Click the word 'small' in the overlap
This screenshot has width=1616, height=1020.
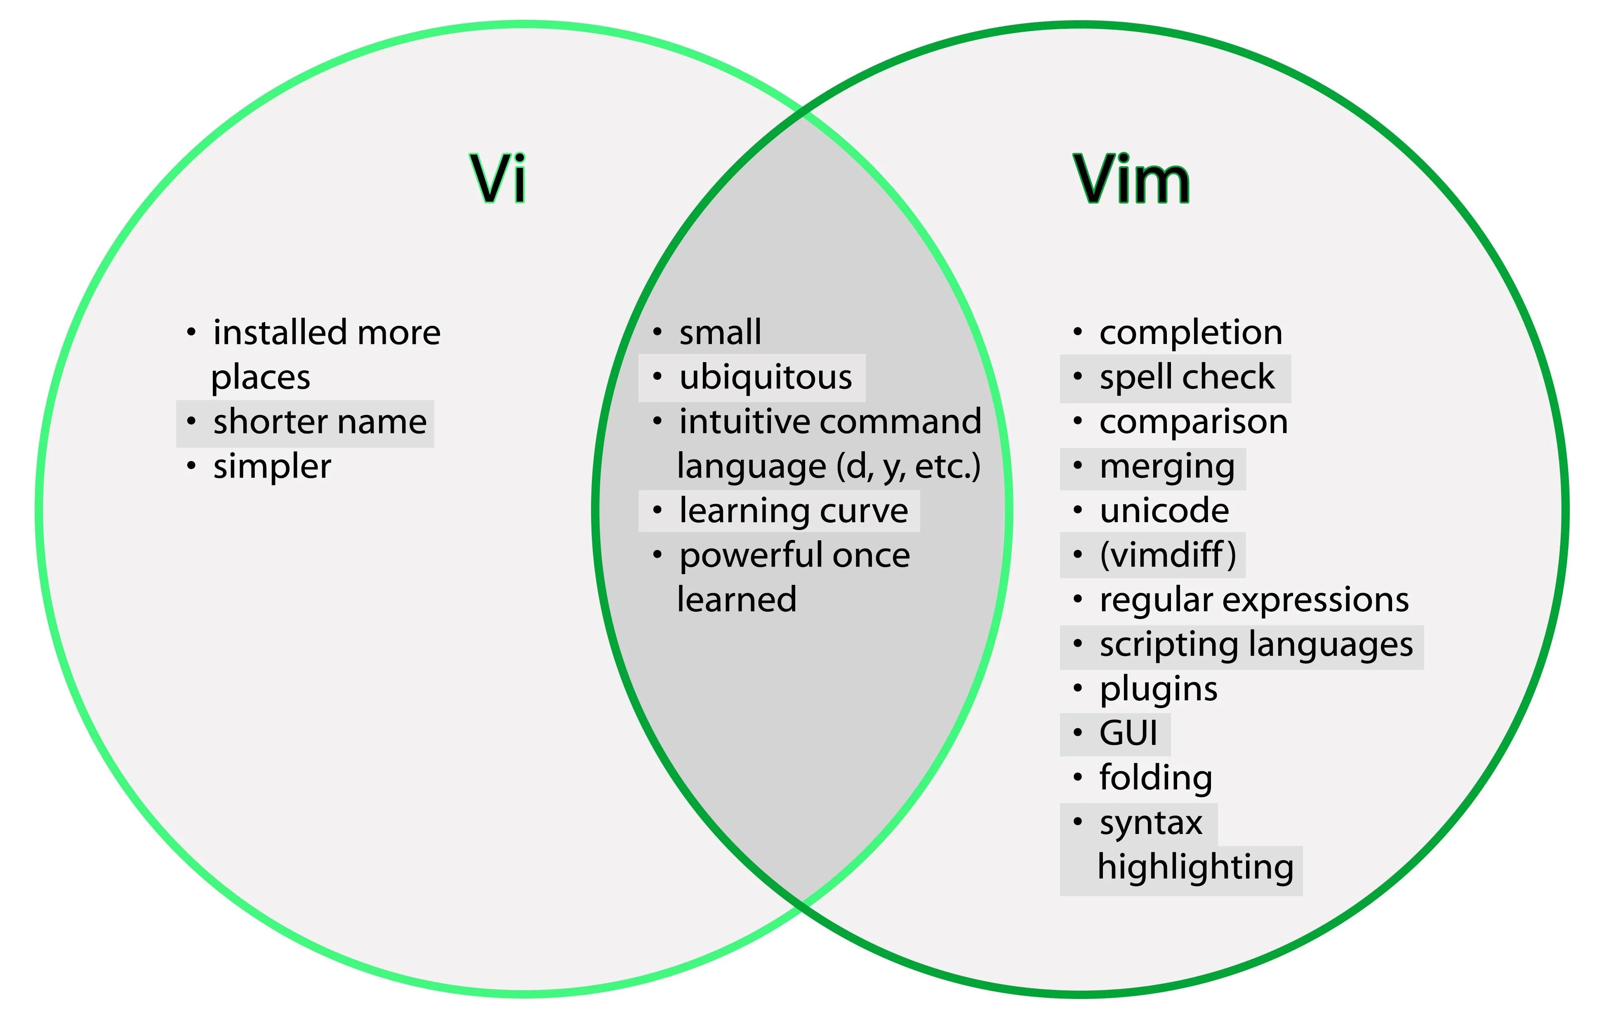[x=720, y=333]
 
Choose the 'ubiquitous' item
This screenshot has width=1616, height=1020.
[x=765, y=377]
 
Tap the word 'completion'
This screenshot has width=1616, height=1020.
[x=1190, y=333]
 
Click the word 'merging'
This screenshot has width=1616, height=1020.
[x=1166, y=467]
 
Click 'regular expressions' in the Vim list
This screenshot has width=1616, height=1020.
[x=1253, y=600]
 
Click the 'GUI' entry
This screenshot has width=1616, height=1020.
[x=1128, y=733]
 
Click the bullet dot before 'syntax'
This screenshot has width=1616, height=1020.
[x=1078, y=822]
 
